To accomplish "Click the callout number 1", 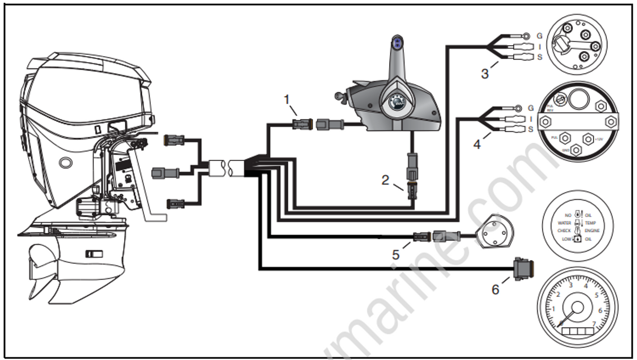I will [x=287, y=99].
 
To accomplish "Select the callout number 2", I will [x=386, y=180].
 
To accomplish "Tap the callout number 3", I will [x=484, y=73].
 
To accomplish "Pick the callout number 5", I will [x=395, y=255].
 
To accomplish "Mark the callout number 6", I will [x=495, y=290].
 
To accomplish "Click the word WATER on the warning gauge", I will [x=564, y=223].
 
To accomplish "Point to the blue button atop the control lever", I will [x=395, y=42].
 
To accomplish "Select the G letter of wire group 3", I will [x=540, y=36].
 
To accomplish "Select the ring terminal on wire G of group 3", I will [x=524, y=36].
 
